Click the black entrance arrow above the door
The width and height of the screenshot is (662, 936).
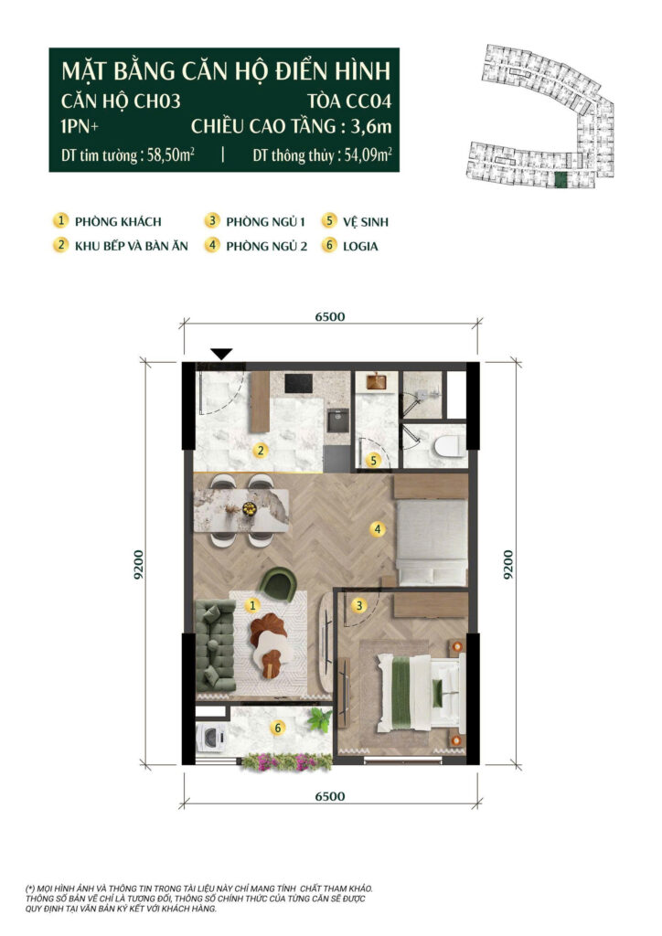point(221,354)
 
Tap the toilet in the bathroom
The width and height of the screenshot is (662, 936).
point(450,446)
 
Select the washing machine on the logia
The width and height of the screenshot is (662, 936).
point(210,738)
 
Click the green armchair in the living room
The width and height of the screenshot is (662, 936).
point(279,584)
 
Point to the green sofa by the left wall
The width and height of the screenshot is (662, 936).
point(216,645)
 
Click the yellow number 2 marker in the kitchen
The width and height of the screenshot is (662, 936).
point(260,451)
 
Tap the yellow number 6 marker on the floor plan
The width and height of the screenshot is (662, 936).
point(277,728)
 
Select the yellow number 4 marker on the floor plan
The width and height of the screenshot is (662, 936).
point(377,528)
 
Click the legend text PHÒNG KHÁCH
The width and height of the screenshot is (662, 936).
point(118,222)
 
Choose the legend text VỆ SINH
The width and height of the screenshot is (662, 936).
point(366,222)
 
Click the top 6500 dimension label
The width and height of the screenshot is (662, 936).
point(330,316)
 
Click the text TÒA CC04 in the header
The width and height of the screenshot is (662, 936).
point(349,101)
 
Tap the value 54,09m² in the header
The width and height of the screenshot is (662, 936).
point(368,155)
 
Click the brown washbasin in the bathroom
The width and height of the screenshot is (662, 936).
point(376,381)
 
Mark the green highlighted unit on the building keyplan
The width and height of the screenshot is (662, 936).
point(560,180)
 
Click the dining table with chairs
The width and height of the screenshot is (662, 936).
point(241,510)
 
